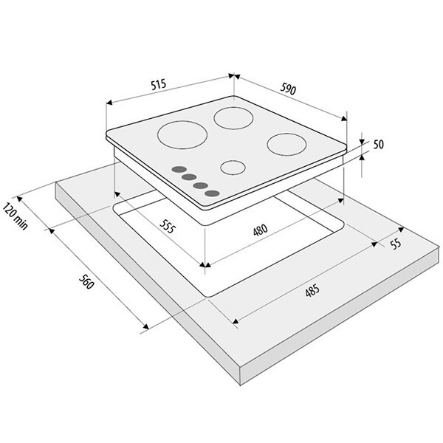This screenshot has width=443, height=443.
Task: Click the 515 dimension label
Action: [x=159, y=84]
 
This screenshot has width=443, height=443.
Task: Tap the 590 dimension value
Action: [x=288, y=89]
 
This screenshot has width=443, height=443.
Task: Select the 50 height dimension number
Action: [x=379, y=145]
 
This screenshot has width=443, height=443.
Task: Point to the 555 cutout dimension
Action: [x=168, y=226]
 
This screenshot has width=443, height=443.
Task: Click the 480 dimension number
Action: [x=260, y=230]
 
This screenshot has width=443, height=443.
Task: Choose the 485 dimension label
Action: [x=312, y=290]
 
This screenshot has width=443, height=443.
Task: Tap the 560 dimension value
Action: [x=86, y=281]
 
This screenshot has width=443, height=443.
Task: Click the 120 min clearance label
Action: [x=16, y=216]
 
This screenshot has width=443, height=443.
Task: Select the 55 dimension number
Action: [x=396, y=243]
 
